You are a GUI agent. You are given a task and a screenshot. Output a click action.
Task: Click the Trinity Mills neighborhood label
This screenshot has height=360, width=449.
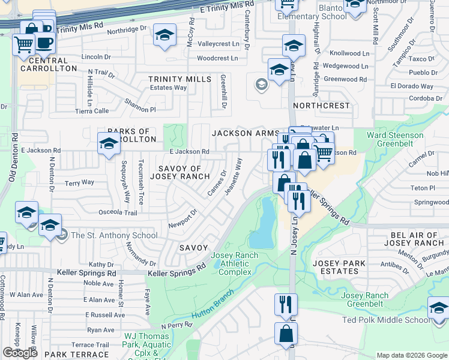point(180,79)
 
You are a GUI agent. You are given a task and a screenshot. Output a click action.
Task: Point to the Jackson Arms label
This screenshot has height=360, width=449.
point(245,133)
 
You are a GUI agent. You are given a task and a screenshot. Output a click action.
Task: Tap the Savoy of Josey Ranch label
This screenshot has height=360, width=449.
point(184,172)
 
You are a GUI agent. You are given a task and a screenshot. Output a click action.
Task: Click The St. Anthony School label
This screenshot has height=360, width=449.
point(114,235)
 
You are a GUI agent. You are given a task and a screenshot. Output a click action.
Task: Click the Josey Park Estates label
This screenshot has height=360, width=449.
point(339,267)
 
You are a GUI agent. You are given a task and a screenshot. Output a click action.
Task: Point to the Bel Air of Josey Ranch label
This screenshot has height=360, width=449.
point(414,239)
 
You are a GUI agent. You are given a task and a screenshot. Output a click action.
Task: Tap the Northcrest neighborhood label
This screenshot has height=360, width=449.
point(321,106)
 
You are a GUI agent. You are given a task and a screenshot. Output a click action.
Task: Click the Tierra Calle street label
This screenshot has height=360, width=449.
point(92,111)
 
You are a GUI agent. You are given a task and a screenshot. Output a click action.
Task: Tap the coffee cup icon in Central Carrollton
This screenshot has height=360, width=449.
point(44,43)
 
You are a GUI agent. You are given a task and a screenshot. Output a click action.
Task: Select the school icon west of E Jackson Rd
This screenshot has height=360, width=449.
point(109,143)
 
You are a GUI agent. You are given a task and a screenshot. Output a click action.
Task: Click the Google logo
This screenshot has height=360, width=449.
point(20,353)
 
